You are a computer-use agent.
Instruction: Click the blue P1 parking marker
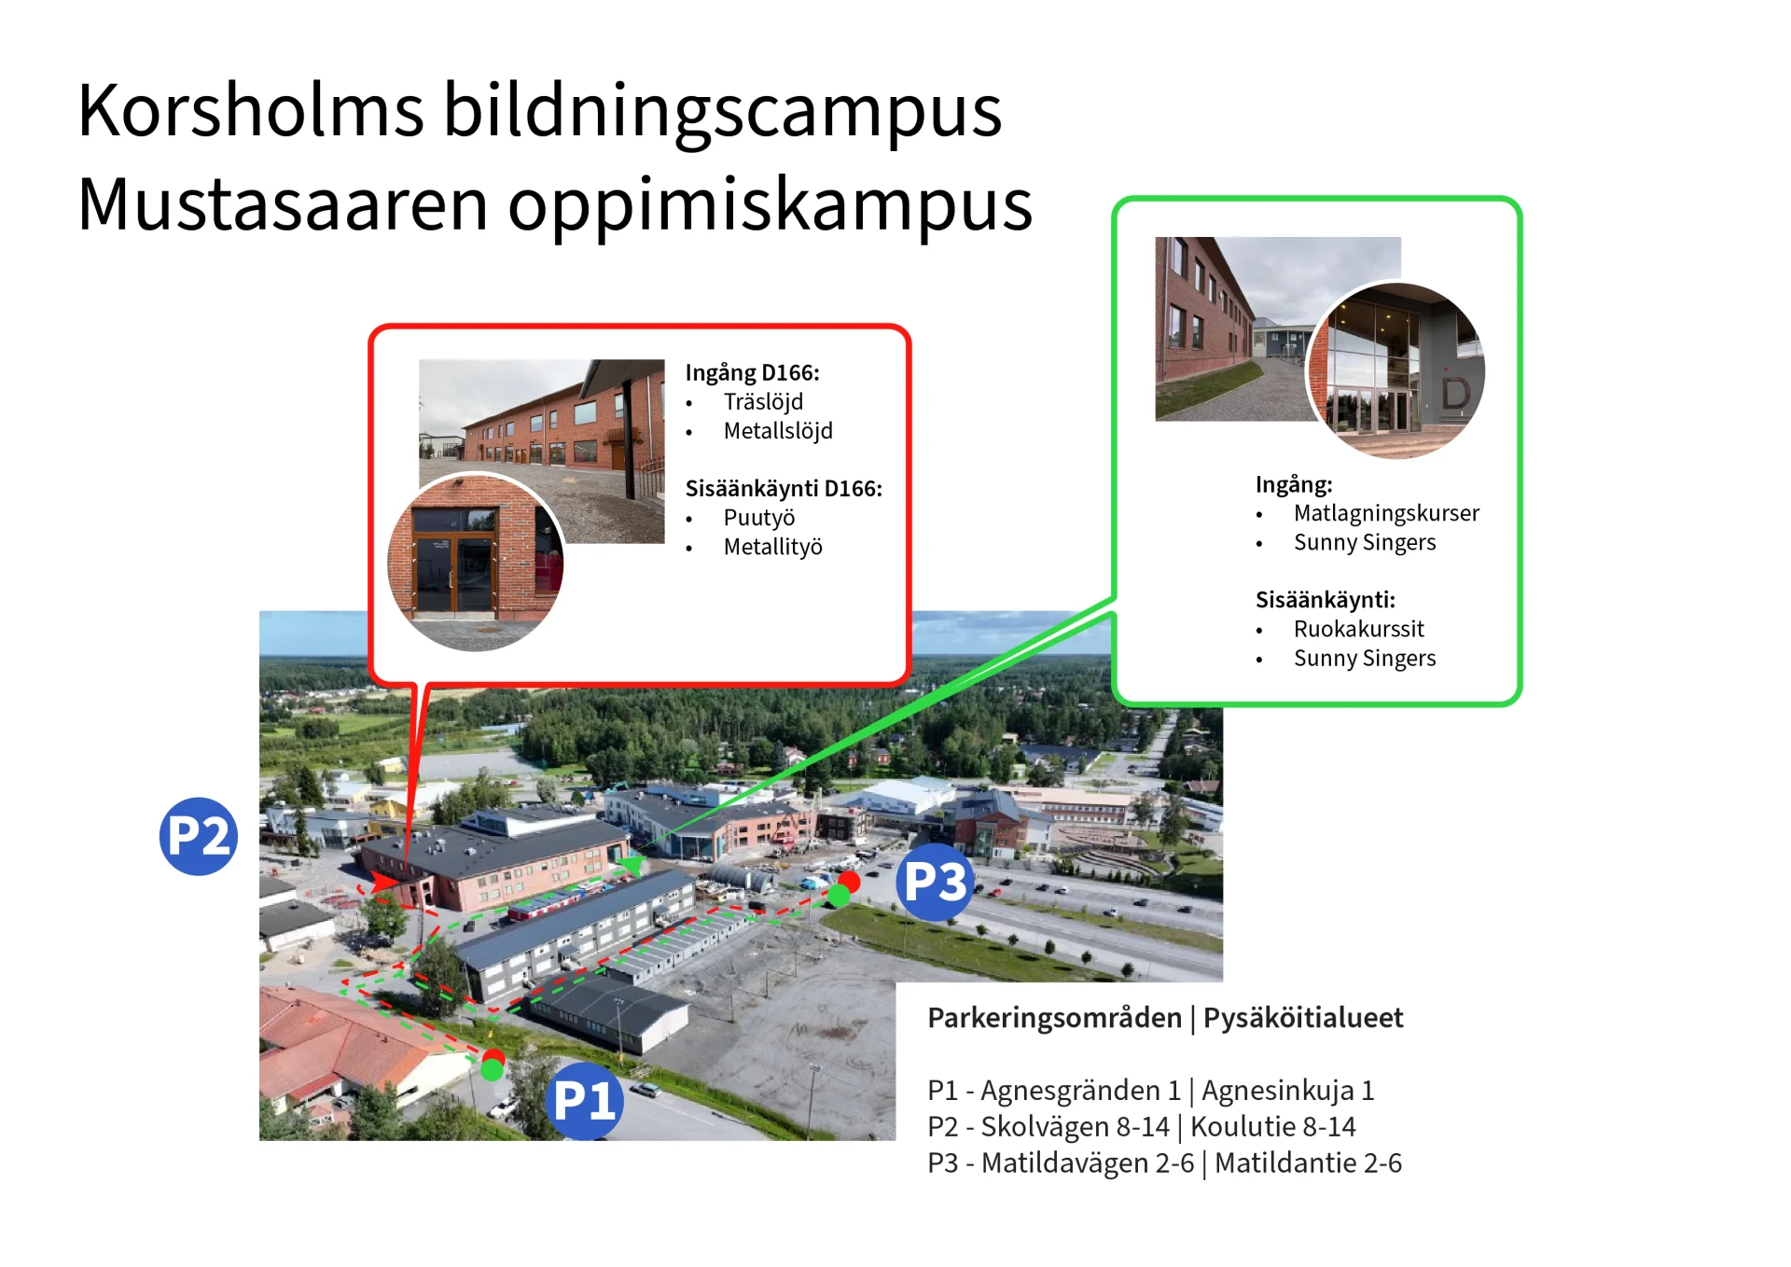(584, 1101)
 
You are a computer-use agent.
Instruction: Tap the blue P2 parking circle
(198, 836)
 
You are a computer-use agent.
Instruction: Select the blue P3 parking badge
(935, 882)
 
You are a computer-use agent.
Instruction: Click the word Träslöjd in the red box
(763, 402)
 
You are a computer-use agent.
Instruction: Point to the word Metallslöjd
(778, 431)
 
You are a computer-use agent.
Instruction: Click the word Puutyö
(759, 518)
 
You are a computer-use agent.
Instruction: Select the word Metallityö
(772, 547)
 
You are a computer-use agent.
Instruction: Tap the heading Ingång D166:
(752, 373)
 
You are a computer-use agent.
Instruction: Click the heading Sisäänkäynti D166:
(784, 489)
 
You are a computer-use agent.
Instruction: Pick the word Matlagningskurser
(1386, 513)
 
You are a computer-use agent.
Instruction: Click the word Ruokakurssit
(1358, 629)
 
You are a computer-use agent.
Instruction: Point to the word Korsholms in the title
(250, 110)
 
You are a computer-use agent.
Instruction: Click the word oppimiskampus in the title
(771, 205)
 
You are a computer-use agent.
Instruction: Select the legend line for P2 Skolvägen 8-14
(1141, 1127)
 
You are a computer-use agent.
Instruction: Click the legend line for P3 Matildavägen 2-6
(1164, 1163)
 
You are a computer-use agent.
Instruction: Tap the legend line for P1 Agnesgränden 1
(1150, 1091)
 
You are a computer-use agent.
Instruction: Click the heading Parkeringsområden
(1054, 1018)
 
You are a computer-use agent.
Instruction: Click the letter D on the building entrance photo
(1455, 394)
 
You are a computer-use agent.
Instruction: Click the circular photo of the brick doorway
(476, 562)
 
